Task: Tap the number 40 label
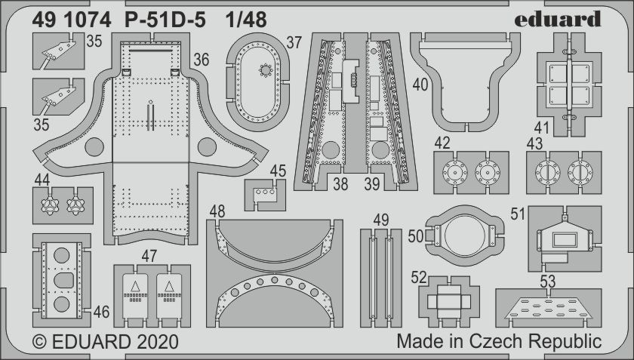[420, 85]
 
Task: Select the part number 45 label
[278, 171]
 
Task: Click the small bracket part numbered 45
[264, 195]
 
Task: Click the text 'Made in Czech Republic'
[498, 341]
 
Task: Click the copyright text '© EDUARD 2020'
[106, 342]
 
